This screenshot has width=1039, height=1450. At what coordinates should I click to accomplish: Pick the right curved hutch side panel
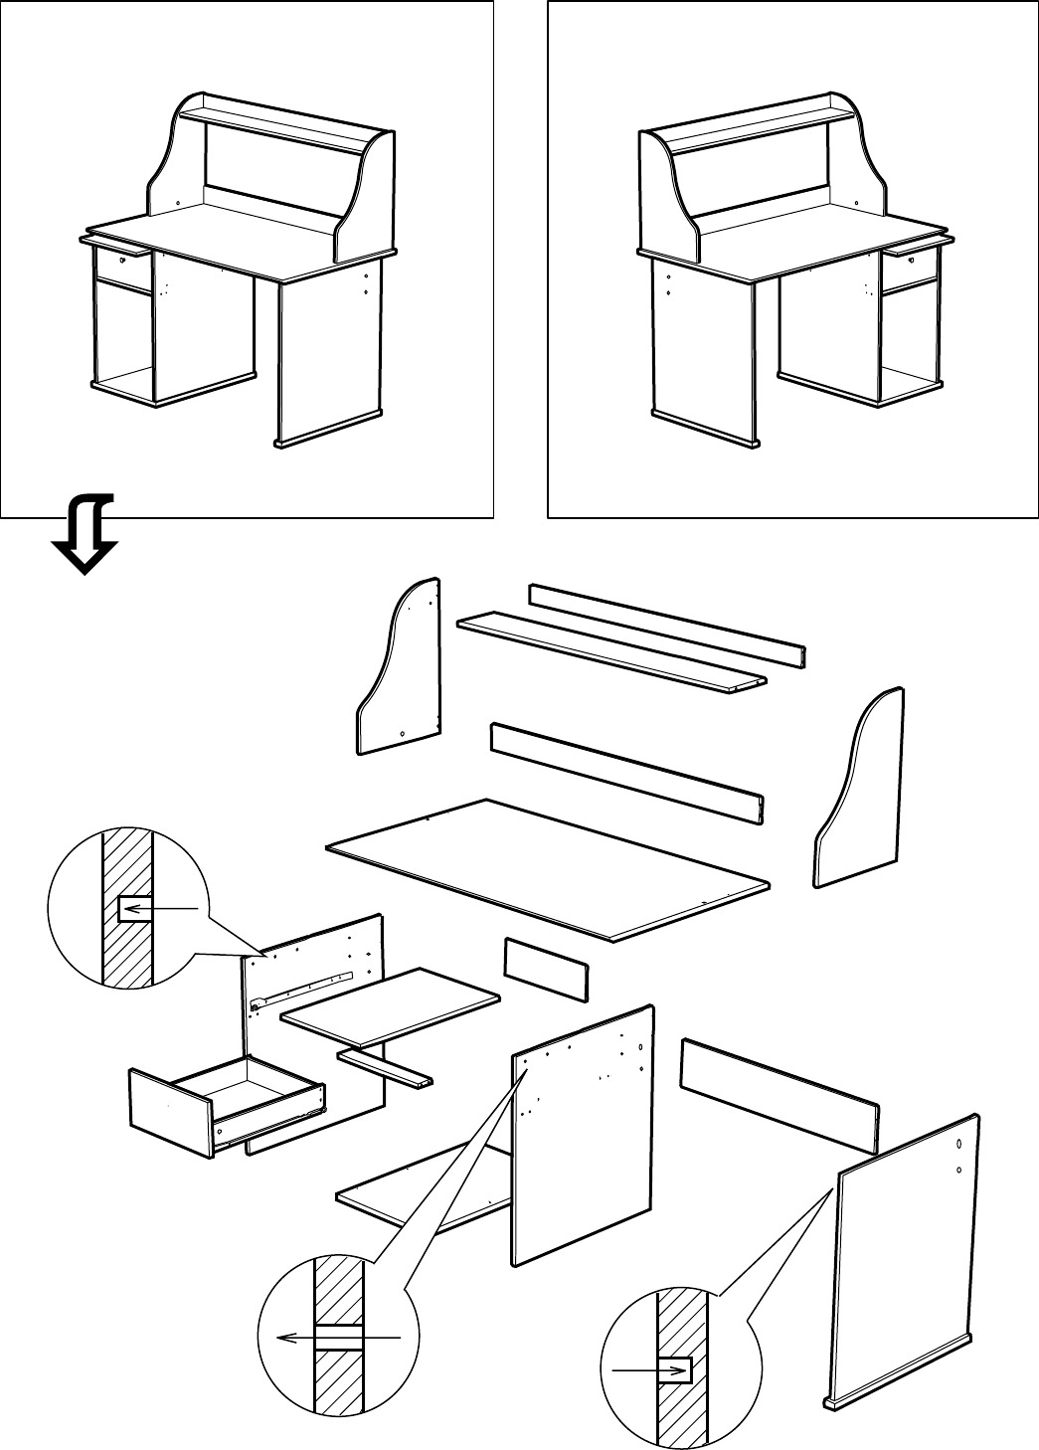click(861, 791)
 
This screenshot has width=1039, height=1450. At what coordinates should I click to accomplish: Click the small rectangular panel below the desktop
click(546, 968)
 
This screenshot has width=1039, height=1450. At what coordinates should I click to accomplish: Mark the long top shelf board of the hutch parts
click(611, 651)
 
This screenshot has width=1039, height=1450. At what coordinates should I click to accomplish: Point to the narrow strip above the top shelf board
click(666, 627)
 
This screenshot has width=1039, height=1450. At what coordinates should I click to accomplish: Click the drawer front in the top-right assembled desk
click(909, 263)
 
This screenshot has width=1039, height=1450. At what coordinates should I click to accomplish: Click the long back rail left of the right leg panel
click(780, 1094)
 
